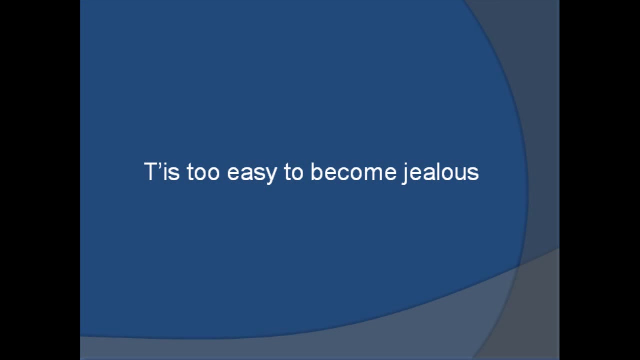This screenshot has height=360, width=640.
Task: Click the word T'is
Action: tap(162, 172)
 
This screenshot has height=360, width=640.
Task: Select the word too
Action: tap(203, 173)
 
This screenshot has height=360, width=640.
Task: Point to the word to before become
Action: tap(294, 173)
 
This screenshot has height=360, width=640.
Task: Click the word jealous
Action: tap(440, 173)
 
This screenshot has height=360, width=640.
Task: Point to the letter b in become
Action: tap(317, 172)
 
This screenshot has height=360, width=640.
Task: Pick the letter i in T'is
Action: tap(165, 172)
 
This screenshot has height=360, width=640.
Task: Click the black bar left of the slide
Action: tap(40, 180)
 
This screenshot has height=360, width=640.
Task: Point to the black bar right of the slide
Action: tap(599, 180)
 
